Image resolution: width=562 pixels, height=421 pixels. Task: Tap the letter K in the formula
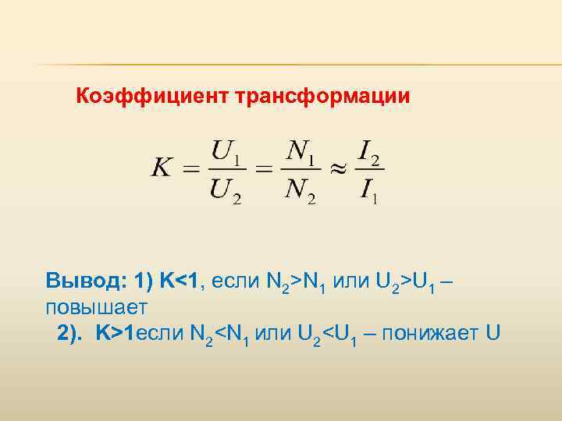click(162, 168)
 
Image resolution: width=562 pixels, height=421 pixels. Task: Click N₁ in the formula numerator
click(300, 150)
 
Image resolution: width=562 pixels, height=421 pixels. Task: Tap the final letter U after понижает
click(491, 333)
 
